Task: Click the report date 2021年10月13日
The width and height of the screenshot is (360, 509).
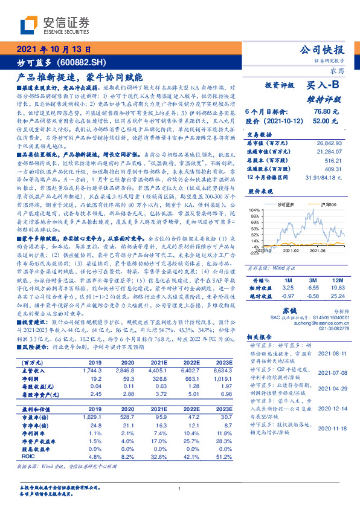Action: (54, 51)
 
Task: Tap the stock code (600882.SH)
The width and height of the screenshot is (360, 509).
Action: (82, 63)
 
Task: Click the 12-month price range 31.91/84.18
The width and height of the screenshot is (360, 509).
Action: (327, 176)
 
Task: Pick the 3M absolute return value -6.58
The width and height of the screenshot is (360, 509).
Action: (312, 296)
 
